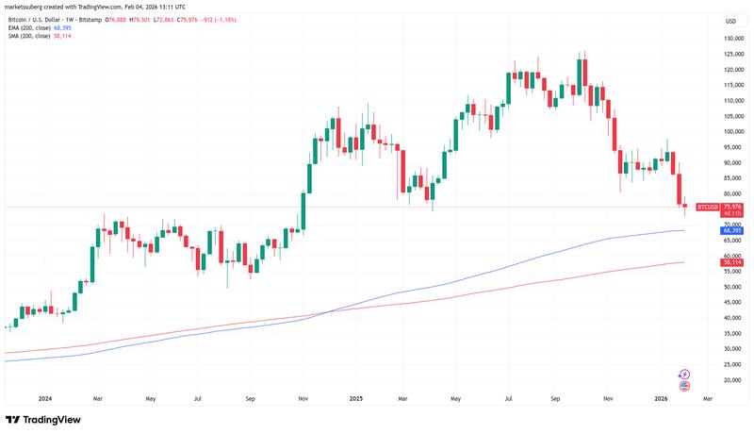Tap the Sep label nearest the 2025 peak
[555, 399]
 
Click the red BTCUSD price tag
[707, 207]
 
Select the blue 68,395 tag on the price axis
[733, 230]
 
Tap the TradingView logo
[42, 421]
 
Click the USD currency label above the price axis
[730, 21]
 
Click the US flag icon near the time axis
[684, 385]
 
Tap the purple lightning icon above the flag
[684, 375]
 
